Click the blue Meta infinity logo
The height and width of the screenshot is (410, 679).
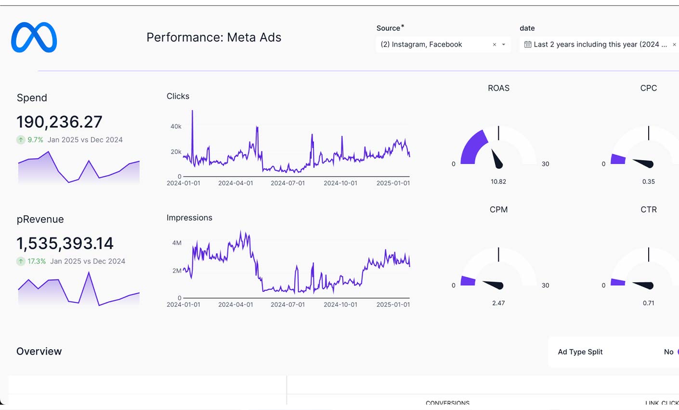34,37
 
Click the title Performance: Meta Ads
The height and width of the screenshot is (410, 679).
213,38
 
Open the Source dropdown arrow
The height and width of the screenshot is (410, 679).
504,44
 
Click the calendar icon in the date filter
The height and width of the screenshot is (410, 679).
528,44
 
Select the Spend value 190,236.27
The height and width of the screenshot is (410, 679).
59,122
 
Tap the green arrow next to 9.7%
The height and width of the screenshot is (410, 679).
21,140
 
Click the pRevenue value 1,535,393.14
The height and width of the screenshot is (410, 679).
65,244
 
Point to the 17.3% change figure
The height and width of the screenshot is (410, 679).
37,261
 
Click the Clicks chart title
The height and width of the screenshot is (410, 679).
178,96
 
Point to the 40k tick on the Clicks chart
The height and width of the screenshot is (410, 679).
176,126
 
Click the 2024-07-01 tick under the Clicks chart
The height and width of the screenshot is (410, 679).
287,183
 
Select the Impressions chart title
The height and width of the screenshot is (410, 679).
189,218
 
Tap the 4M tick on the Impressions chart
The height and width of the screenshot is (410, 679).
177,243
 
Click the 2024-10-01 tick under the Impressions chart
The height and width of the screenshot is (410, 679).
340,304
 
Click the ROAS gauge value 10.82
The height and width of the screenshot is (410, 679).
498,182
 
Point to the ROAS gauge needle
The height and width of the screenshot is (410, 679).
496,160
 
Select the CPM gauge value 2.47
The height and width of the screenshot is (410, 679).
498,303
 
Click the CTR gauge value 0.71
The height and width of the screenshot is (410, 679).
648,303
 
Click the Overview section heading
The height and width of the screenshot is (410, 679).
39,351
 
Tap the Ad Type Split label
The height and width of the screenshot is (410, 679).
580,352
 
